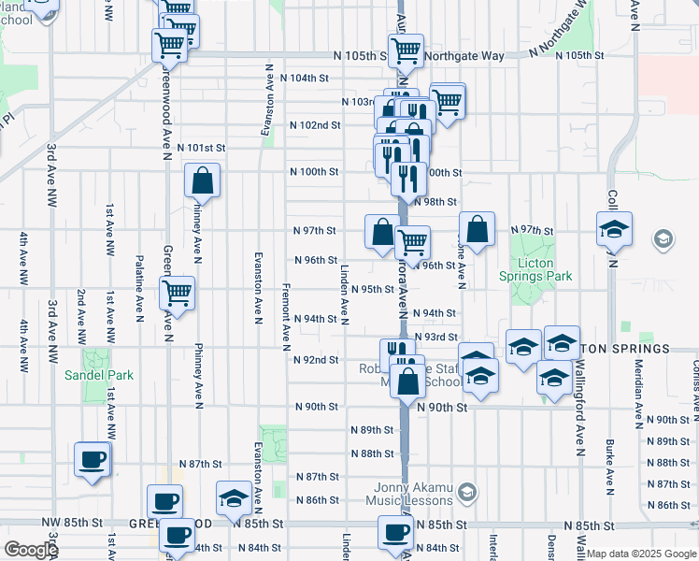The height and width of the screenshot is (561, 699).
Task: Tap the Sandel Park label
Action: point(99,375)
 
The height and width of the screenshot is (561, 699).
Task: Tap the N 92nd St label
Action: point(316,359)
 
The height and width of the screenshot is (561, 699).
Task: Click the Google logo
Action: point(30,550)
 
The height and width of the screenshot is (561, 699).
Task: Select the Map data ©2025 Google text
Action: point(641,554)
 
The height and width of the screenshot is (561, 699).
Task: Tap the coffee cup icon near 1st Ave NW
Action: point(93,459)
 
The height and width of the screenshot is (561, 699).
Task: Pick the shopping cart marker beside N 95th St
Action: point(177,294)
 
